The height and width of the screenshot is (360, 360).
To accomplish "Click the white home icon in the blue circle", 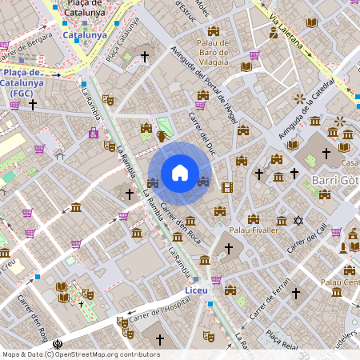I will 180,173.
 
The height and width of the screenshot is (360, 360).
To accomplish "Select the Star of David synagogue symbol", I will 298,220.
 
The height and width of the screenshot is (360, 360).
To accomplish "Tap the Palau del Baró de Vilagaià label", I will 214,52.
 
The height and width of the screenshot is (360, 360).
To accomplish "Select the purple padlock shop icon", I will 94,132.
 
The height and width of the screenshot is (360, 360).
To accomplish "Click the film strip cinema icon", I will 227,188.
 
